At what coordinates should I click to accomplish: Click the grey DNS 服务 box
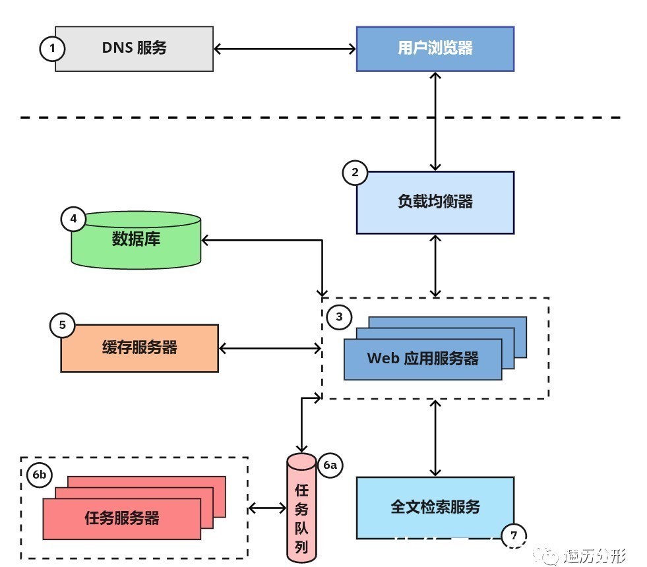point(134,48)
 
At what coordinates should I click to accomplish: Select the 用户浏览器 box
point(435,48)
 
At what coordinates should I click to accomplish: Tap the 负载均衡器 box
point(435,202)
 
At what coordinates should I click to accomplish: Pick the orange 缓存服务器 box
point(139,348)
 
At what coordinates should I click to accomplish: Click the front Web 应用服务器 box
point(422,359)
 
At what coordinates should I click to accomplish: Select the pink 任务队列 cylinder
point(302,508)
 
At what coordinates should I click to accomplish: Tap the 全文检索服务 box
point(435,507)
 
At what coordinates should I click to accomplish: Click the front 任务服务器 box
point(121,518)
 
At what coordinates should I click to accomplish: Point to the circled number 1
point(53,48)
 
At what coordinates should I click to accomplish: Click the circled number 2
point(355,173)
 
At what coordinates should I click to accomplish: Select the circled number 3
point(339,317)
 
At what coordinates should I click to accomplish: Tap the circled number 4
point(73,219)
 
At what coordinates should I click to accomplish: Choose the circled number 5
point(63,324)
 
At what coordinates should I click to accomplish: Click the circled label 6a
point(330,465)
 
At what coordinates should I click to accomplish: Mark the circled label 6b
point(40,475)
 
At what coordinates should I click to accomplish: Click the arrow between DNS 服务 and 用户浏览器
point(285,48)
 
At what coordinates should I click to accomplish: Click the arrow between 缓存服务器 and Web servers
point(270,347)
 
